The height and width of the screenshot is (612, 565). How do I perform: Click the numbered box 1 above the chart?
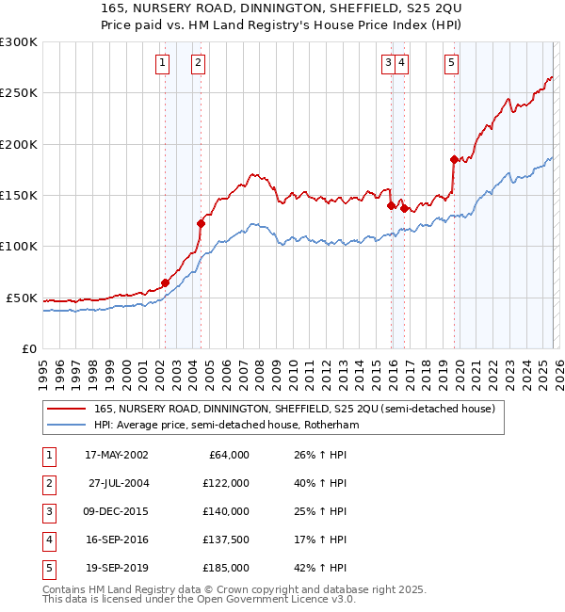click(x=163, y=63)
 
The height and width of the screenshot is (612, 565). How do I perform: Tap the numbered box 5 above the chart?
click(x=452, y=63)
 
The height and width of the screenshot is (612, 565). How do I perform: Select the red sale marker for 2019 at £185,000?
click(x=454, y=160)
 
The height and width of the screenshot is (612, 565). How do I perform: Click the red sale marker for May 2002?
click(x=165, y=282)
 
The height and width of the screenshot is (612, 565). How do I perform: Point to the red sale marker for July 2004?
click(x=201, y=223)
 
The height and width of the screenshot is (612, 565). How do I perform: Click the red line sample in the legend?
click(x=67, y=409)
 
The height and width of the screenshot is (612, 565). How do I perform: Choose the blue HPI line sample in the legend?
click(x=67, y=426)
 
